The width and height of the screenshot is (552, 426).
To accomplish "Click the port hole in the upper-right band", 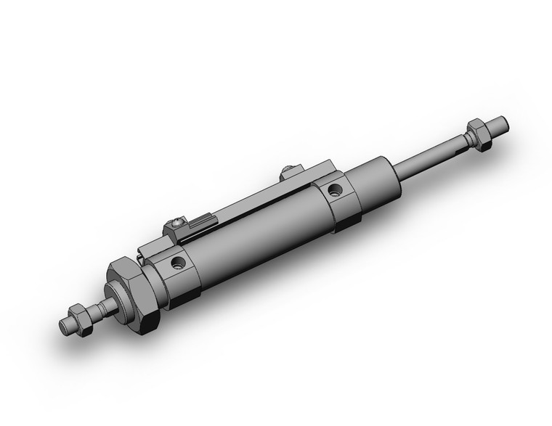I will (x=334, y=191).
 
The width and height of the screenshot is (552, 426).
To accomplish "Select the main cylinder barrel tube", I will (x=254, y=239).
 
